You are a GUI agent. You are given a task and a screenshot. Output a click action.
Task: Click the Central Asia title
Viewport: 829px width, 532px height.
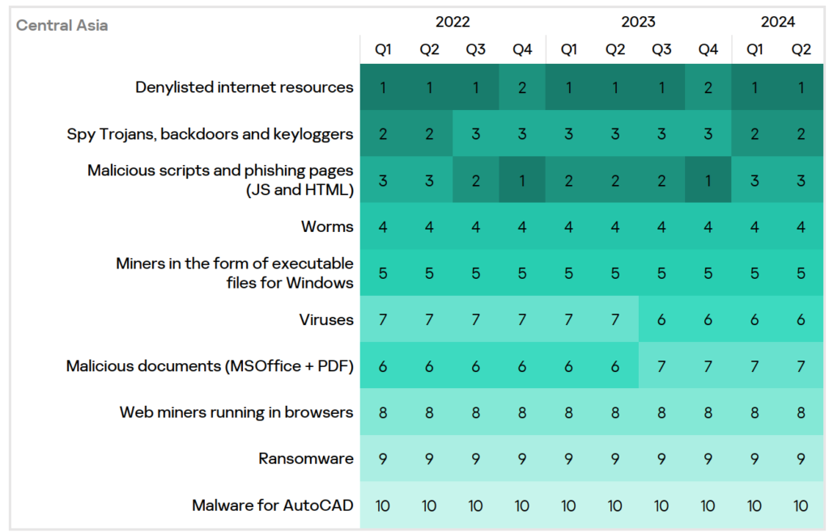point(62,25)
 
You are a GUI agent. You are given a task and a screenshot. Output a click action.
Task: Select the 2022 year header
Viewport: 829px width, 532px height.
point(453,22)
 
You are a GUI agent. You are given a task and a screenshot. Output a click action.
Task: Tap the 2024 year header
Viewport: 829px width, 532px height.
point(778,22)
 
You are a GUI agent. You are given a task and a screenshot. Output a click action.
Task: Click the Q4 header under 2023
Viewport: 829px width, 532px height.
point(708,50)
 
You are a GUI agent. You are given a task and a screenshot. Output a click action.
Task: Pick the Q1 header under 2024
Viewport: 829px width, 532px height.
point(755,50)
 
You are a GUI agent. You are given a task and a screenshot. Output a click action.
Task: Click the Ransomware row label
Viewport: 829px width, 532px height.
point(306,458)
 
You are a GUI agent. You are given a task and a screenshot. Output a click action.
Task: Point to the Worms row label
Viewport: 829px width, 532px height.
point(327,226)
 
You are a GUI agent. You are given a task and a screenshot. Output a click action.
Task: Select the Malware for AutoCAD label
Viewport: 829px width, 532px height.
point(273,505)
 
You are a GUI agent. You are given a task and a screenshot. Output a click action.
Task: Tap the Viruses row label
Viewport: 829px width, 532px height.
point(326,319)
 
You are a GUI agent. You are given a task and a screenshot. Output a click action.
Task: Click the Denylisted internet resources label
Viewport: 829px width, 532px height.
point(244,87)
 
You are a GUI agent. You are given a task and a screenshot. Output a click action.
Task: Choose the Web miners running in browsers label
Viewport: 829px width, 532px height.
point(236,412)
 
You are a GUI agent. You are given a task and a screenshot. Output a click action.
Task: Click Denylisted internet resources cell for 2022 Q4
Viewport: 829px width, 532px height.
point(522,87)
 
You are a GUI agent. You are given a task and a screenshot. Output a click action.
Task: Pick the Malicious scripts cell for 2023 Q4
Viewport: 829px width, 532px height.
point(708,180)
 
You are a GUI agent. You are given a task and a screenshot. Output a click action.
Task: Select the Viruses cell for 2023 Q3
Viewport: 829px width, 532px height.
point(661,319)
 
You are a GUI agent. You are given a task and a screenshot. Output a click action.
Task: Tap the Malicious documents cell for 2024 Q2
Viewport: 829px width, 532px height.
point(801,366)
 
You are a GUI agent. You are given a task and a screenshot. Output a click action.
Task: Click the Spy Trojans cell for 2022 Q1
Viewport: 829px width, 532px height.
point(383,134)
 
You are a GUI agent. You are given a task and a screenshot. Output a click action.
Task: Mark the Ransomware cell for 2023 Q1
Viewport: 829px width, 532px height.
point(568,458)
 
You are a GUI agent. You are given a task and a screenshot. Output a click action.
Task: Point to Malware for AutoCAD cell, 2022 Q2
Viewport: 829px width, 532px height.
point(429,505)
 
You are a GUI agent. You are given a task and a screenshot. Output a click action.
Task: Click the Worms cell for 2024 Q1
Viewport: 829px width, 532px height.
point(755,226)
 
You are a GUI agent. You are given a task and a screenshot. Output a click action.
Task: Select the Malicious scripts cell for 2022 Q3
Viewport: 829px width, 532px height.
point(475,180)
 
